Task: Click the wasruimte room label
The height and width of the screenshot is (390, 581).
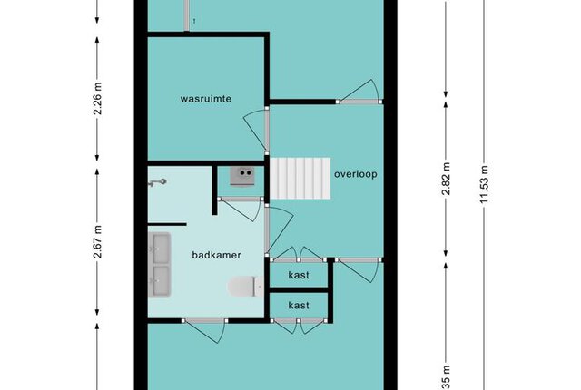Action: pos(206,99)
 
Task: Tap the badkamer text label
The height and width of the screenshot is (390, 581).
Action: pos(216,255)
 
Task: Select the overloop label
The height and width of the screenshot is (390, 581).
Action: pos(356,174)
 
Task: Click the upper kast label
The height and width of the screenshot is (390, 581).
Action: pos(299,275)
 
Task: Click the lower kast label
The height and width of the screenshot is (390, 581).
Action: pos(299,306)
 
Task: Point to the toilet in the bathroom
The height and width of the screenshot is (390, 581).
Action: pos(246,287)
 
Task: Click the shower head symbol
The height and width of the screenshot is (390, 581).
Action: pos(157,182)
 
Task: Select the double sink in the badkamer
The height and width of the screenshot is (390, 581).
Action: pos(160,265)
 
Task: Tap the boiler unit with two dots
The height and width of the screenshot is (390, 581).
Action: pos(242,176)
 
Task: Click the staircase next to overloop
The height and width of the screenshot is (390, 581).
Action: pos(300,179)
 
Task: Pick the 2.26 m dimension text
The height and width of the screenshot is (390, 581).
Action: pos(98,99)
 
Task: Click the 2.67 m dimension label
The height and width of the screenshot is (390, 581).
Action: pos(98,241)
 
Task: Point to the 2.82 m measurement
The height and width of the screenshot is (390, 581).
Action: pos(446,179)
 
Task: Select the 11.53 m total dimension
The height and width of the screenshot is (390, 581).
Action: pos(484,184)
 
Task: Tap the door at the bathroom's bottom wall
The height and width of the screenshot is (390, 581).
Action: pos(203,330)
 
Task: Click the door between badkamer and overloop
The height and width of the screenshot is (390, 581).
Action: pos(279,229)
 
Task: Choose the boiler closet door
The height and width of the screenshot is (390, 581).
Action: pos(240,210)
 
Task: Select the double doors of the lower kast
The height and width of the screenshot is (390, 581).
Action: pos(299,326)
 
